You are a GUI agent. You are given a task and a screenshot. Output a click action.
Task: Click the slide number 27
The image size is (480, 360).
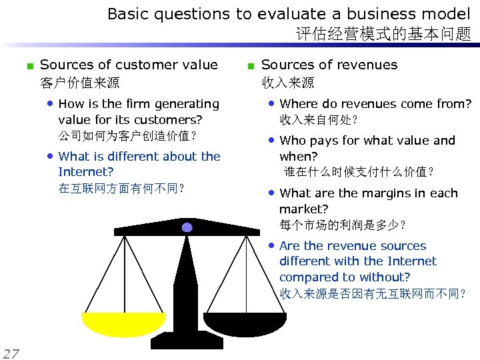click(11, 353)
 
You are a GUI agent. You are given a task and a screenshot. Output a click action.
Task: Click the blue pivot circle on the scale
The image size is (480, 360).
click(187, 227)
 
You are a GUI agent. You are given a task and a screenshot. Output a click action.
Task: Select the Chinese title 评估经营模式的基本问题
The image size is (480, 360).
click(383, 33)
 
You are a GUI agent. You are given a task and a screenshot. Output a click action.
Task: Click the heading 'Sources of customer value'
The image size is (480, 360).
click(129, 65)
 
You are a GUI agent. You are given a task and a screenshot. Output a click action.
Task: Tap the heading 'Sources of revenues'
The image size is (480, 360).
click(329, 65)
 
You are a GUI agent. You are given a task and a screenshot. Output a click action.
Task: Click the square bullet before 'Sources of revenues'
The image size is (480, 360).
click(250, 66)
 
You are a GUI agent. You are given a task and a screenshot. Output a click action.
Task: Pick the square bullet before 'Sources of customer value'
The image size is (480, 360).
click(29, 66)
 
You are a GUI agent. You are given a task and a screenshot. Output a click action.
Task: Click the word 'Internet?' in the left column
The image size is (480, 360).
click(86, 172)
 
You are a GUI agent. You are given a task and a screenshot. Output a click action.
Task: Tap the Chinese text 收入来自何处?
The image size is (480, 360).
click(319, 120)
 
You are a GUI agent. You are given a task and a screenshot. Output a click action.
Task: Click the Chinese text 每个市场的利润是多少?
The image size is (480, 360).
click(343, 225)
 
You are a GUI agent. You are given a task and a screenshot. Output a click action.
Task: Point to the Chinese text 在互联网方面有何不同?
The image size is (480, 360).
click(121, 188)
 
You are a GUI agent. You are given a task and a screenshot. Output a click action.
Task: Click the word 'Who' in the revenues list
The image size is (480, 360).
click(293, 141)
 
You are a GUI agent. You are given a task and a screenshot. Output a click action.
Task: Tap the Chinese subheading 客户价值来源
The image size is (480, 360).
click(80, 83)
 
